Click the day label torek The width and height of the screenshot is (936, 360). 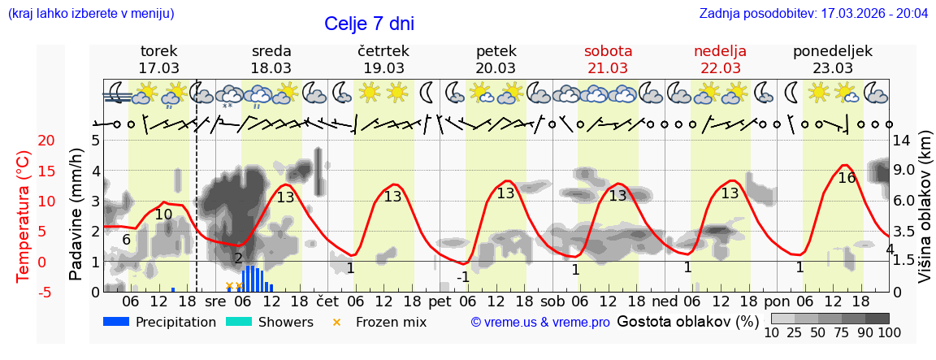158,51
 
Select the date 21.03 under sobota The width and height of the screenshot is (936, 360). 608,68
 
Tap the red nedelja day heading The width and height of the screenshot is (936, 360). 720,51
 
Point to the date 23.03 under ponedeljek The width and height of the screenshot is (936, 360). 833,68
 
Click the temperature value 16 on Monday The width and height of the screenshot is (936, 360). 847,178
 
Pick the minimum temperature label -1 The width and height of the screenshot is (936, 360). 462,277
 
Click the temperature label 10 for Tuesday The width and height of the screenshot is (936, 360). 163,215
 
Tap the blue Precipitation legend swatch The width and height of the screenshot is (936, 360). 117,322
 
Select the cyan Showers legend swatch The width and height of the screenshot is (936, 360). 239,322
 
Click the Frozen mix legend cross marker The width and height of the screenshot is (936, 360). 337,323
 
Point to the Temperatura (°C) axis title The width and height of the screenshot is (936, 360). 24,216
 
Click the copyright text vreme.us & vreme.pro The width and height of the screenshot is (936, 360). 540,323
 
